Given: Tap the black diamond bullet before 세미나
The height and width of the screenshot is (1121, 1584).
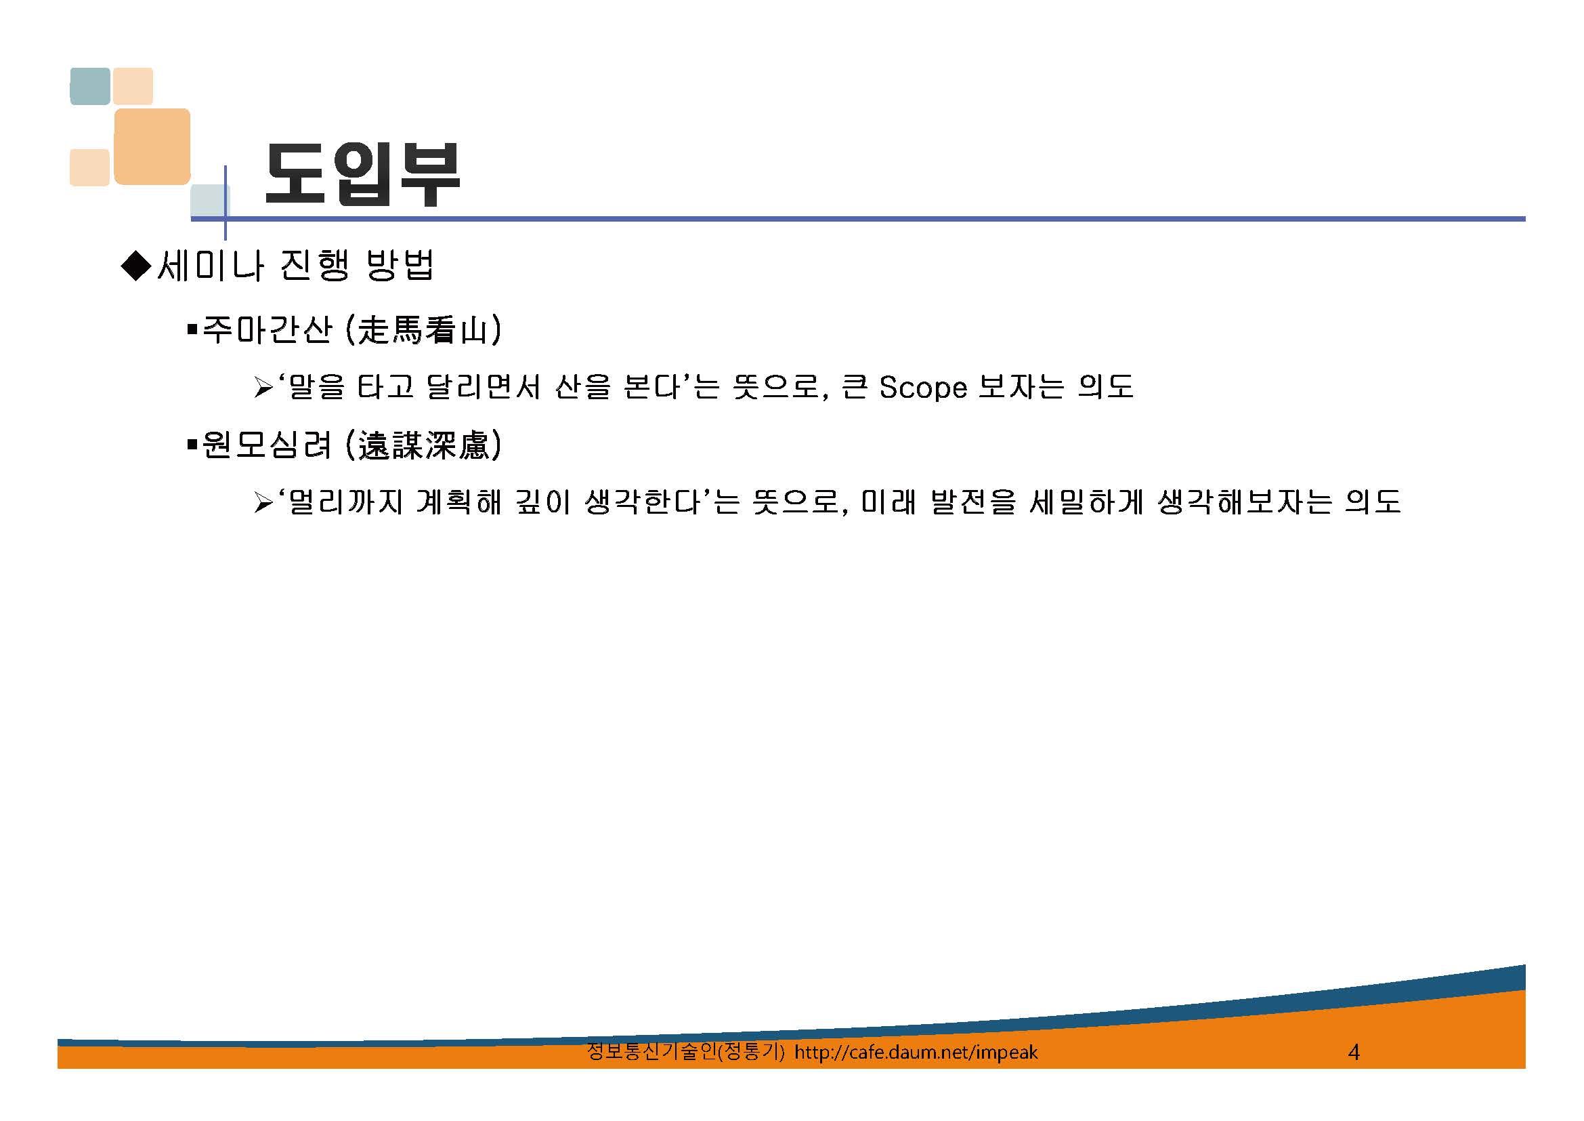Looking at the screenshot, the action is point(136,265).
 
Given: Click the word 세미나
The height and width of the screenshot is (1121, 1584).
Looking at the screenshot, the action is point(211,265).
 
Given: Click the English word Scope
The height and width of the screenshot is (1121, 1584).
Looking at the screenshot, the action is point(923,388).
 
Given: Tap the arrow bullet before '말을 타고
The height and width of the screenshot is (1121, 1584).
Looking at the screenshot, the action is point(263,388).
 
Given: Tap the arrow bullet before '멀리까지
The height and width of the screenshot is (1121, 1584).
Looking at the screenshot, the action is point(263,502).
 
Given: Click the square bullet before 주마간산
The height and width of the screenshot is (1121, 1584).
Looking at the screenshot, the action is point(192,329).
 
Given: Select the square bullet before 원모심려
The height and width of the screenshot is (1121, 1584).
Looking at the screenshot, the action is point(192,445).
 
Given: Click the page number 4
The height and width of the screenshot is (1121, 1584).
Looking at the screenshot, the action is point(1354,1052).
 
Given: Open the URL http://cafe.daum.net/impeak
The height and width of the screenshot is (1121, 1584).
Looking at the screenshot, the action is point(916,1052).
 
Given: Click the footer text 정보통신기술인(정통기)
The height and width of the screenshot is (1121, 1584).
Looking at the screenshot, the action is point(686,1051).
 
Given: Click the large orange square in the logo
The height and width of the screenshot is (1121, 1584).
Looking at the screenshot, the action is point(152,146).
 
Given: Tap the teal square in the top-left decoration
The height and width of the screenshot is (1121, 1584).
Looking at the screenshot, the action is point(90,86).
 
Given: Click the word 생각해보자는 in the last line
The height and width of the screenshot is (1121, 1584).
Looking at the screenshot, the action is point(1245,502).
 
